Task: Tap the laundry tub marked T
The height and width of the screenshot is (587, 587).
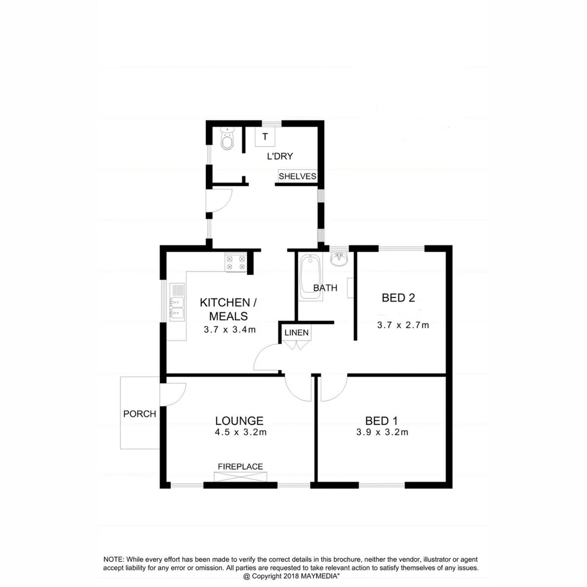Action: [265, 136]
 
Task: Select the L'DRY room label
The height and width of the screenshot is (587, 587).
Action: [280, 157]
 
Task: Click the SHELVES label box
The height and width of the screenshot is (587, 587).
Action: [297, 176]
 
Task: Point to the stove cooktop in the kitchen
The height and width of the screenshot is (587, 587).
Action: [236, 263]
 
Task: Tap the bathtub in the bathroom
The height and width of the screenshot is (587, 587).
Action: [310, 276]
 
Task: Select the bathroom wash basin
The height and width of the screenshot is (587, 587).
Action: [339, 259]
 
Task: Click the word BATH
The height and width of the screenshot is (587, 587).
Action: [325, 288]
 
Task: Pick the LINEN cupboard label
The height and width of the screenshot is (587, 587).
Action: [297, 332]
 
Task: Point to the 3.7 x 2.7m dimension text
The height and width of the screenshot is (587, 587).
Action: [403, 326]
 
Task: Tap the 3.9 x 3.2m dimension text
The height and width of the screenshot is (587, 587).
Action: [382, 433]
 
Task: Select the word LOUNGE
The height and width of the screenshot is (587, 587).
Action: [239, 421]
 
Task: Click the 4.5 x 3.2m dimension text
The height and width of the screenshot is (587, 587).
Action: [240, 433]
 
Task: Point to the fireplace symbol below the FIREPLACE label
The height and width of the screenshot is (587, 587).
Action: [241, 477]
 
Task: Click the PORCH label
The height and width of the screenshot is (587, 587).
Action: [140, 414]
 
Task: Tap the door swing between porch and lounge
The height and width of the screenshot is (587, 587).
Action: [174, 394]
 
